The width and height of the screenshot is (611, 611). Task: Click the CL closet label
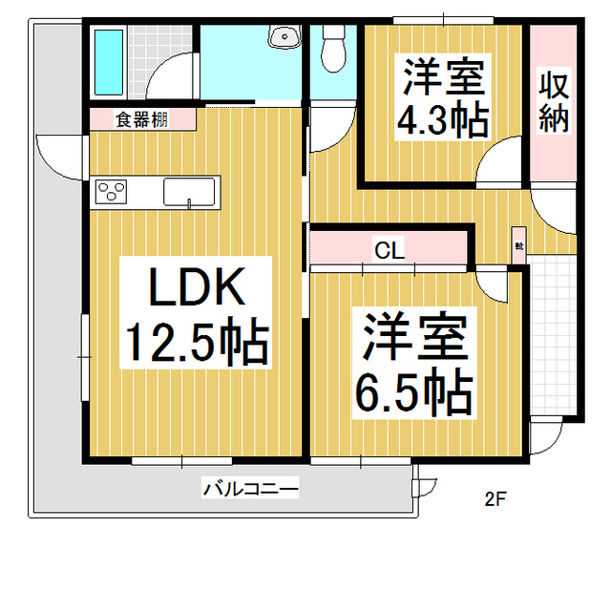[x=389, y=251]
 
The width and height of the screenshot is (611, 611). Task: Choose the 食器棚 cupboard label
[x=142, y=120]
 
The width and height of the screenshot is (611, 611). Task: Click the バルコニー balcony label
[x=250, y=490]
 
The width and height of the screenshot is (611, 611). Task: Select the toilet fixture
[x=333, y=47]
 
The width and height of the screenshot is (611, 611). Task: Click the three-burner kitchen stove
[x=112, y=192]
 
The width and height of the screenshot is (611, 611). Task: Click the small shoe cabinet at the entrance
[x=519, y=240]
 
